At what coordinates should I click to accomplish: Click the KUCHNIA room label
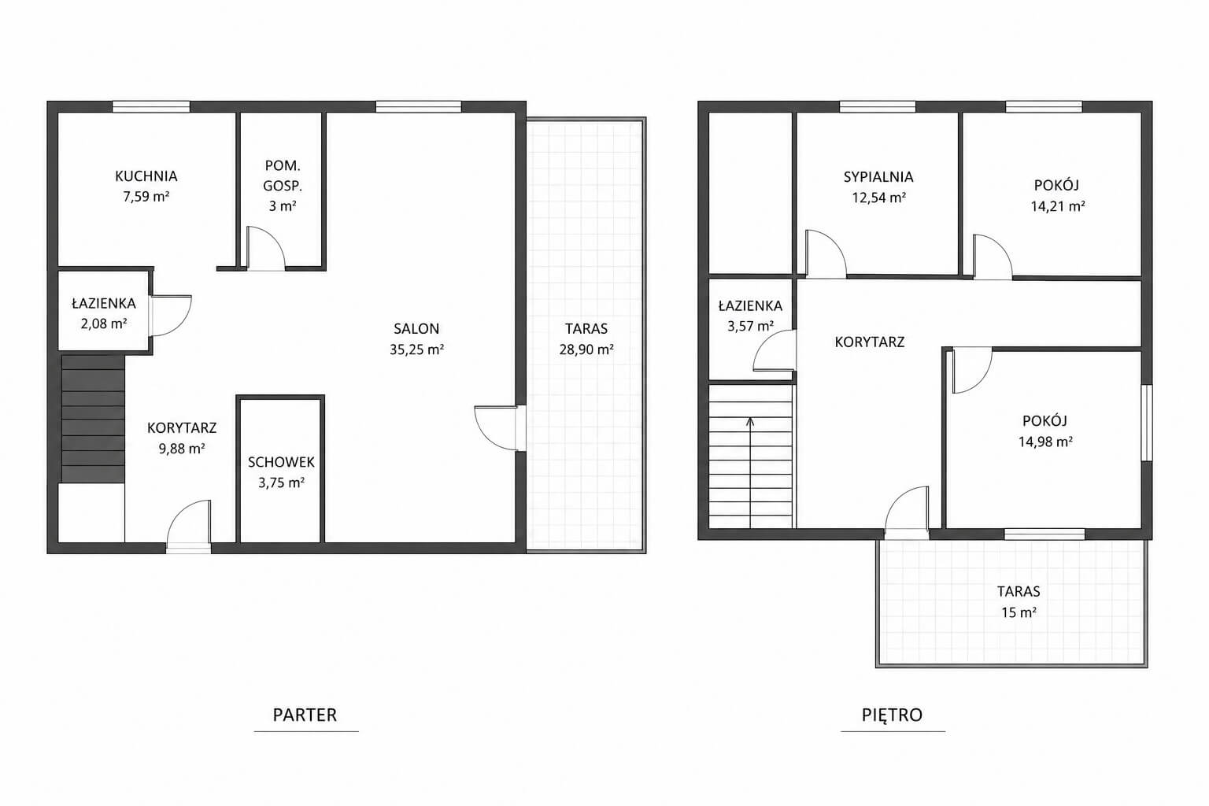(x=146, y=176)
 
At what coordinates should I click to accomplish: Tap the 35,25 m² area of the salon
(x=416, y=349)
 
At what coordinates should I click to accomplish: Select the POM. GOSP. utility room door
(x=265, y=248)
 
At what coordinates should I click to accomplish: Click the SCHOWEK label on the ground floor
(x=281, y=462)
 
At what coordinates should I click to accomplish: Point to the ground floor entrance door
(x=188, y=526)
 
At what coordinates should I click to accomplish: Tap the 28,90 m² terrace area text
(x=586, y=349)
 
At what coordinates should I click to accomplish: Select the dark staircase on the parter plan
(x=93, y=419)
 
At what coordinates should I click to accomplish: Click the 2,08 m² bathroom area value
(x=104, y=324)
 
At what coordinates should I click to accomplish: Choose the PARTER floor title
(x=305, y=715)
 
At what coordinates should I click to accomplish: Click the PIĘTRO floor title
(x=892, y=715)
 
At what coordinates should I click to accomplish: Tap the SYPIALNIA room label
(x=878, y=176)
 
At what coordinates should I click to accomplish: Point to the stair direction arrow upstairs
(x=750, y=472)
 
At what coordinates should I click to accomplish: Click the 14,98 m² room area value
(x=1045, y=442)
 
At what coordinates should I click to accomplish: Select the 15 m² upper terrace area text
(x=1019, y=612)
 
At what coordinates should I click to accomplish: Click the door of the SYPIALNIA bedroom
(x=826, y=254)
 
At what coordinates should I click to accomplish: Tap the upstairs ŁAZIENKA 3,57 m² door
(x=775, y=350)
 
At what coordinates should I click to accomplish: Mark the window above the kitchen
(x=151, y=107)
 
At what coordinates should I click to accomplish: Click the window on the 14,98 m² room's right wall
(x=1146, y=423)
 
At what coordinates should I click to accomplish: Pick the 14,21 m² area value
(x=1058, y=206)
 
